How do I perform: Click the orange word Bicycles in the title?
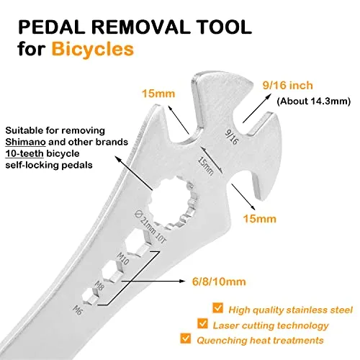93,49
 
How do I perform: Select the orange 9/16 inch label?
288,86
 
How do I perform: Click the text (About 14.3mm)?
314,101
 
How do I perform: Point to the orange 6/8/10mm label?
219,282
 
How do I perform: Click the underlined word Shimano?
25,142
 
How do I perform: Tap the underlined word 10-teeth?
24,153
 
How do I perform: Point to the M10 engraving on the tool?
122,258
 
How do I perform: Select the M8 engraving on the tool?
99,285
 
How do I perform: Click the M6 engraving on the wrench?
78,310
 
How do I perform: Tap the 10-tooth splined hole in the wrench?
172,202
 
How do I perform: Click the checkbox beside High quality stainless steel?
217,308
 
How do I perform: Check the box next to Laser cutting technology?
202,323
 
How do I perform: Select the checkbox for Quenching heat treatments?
186,338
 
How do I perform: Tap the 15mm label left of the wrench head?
158,94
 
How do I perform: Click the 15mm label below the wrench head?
260,219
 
